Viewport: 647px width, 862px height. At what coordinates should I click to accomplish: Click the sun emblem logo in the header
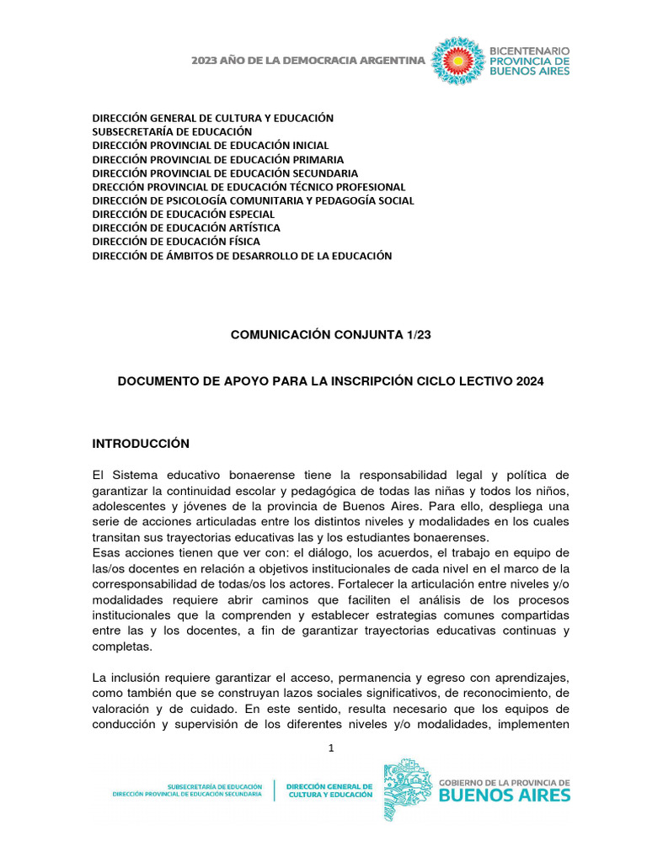[457, 61]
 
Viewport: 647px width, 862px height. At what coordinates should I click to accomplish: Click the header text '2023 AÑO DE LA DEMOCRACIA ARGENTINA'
[307, 61]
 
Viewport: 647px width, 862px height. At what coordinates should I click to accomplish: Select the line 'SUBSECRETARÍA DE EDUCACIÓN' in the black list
[172, 132]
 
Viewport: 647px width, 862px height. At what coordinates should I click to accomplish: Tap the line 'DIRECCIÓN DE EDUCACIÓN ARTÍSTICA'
[186, 228]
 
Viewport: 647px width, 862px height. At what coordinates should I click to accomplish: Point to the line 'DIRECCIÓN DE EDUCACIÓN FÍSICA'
[176, 242]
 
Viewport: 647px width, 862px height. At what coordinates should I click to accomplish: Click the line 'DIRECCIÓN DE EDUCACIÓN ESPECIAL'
[184, 214]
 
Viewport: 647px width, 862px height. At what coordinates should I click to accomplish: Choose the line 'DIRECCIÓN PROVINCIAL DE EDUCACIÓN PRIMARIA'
[217, 159]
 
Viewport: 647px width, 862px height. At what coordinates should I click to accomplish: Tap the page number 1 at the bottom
[331, 748]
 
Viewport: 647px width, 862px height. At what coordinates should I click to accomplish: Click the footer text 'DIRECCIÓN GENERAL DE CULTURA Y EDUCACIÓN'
[329, 789]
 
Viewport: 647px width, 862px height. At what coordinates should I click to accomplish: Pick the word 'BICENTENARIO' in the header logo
[530, 51]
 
